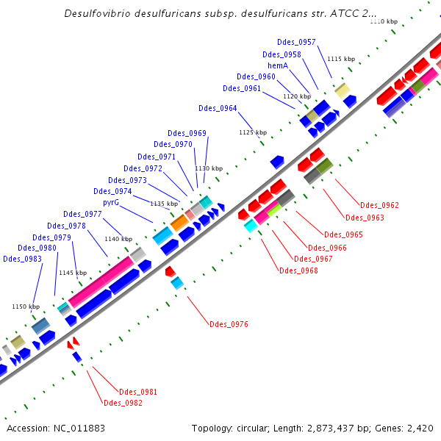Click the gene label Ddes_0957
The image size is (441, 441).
(x=297, y=42)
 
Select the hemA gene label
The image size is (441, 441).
(x=277, y=65)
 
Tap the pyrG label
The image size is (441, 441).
(x=111, y=202)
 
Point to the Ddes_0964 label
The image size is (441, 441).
(x=218, y=109)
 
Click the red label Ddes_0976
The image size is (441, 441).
(x=229, y=324)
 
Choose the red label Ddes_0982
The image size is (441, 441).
(x=123, y=403)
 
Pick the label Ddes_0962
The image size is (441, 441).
(x=379, y=206)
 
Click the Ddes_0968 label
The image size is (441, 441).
(x=298, y=271)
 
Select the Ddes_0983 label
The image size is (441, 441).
(x=22, y=259)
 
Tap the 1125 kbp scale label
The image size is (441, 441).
(x=251, y=132)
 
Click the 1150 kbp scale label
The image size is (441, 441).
(x=25, y=306)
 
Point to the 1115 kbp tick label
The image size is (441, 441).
(x=341, y=59)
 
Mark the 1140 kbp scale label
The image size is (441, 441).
(x=118, y=239)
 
